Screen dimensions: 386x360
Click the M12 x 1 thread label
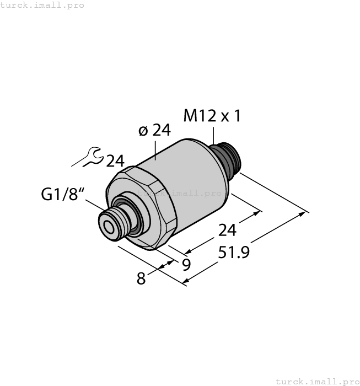(212, 116)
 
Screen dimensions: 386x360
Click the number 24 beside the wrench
(115, 161)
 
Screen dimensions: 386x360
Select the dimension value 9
(186, 265)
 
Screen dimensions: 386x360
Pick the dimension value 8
(142, 279)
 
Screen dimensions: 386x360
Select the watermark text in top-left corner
(42, 5)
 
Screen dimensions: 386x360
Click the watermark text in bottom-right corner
(317, 381)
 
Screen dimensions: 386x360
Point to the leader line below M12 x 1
(213, 136)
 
